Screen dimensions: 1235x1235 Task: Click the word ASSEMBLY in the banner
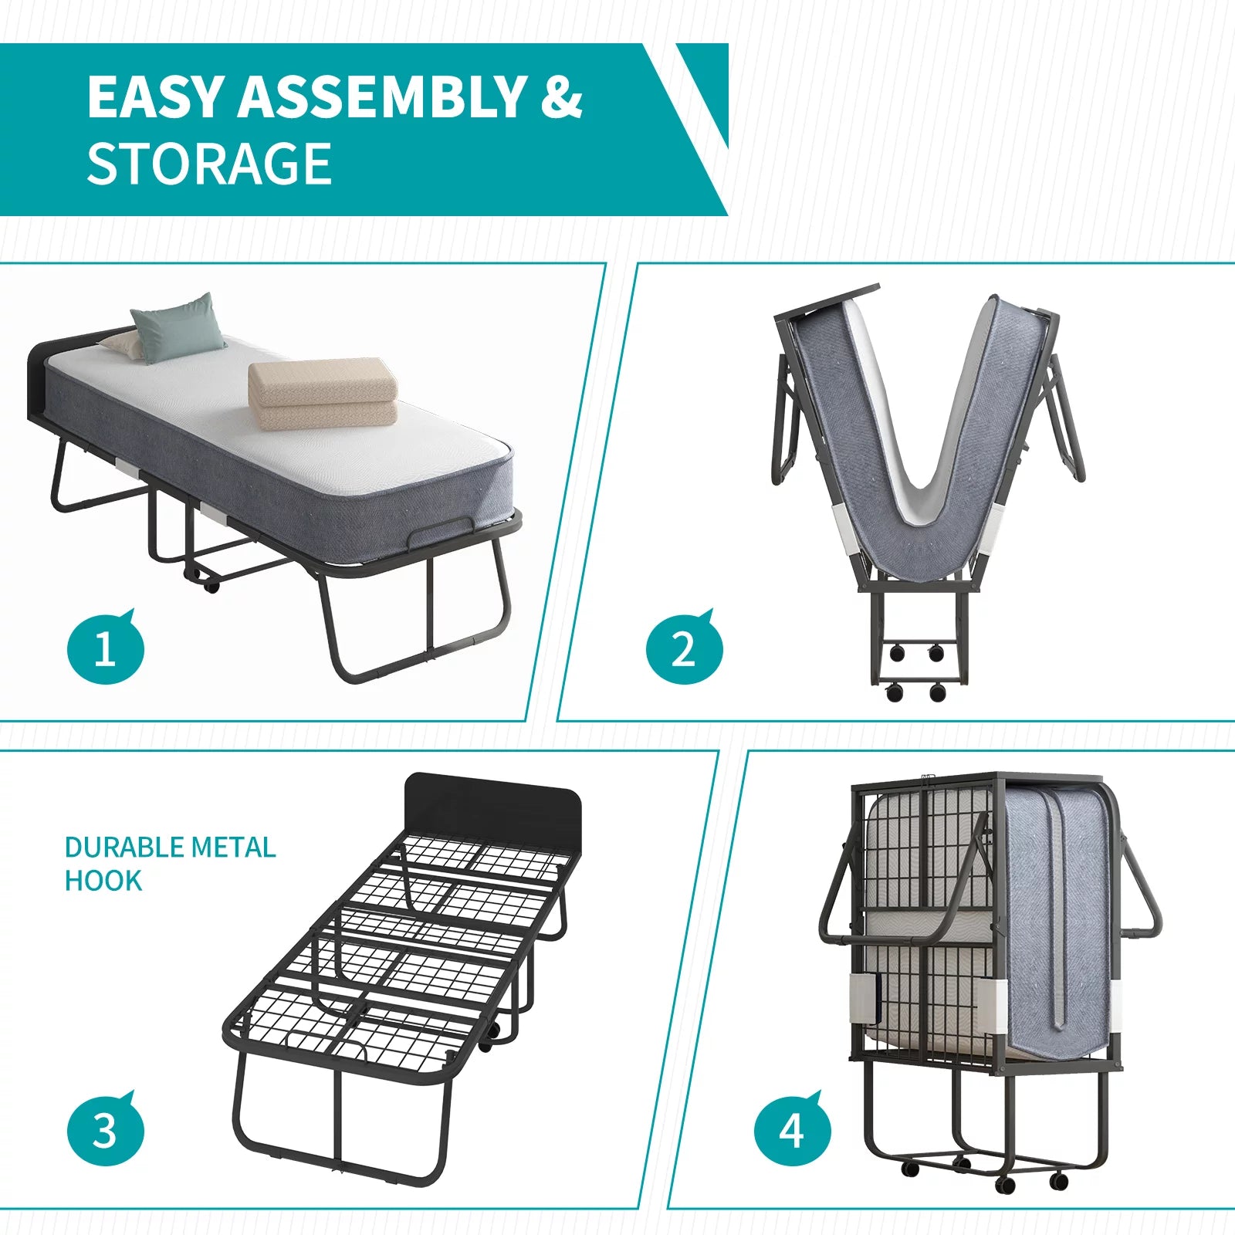(382, 97)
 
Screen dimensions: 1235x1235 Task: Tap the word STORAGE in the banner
(209, 164)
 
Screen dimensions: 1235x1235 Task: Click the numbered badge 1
(105, 648)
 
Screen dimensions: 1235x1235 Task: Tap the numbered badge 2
(684, 648)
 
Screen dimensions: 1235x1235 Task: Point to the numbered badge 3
(105, 1131)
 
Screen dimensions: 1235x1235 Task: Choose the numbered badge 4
(792, 1131)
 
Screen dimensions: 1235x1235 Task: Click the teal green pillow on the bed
(179, 327)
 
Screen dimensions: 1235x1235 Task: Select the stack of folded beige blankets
(323, 394)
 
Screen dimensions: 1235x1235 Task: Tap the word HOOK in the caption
(103, 881)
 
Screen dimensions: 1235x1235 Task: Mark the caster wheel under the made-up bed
(210, 585)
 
